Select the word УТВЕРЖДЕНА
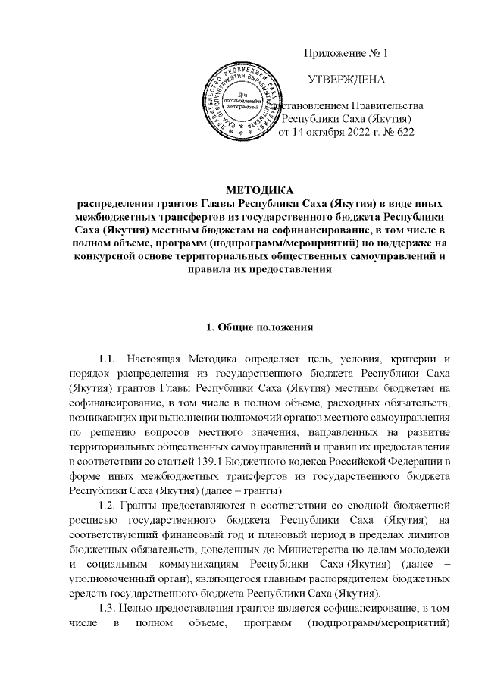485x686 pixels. coord(346,79)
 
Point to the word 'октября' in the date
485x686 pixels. coord(327,133)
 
